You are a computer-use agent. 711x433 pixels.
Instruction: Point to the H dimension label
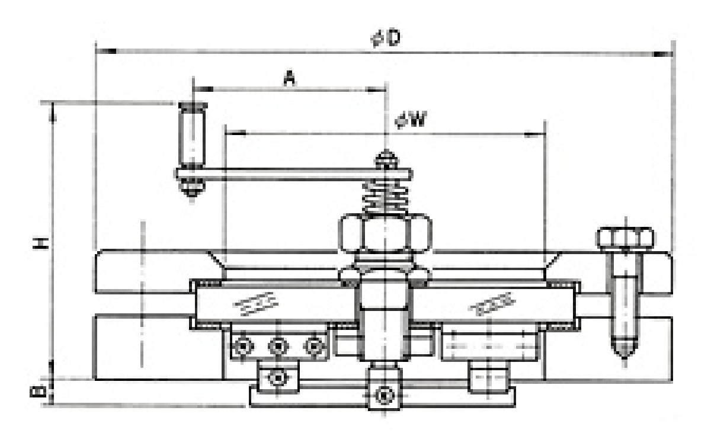pos(40,243)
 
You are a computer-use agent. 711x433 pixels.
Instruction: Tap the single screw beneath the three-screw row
pos(276,377)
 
